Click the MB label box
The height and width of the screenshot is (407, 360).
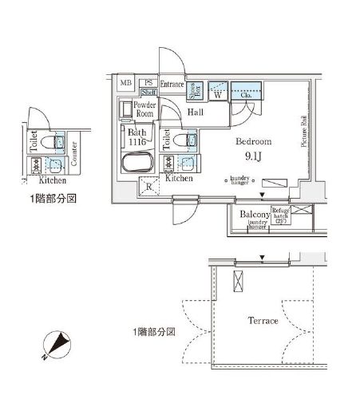click(126, 83)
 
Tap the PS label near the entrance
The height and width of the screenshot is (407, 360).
click(148, 83)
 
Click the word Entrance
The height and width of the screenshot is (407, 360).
click(172, 84)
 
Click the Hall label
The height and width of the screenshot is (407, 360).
click(196, 113)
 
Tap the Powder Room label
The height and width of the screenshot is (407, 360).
click(144, 109)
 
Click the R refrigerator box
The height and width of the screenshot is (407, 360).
click(148, 188)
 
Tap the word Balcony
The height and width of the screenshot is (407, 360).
click(254, 214)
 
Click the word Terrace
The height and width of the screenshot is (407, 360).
click(262, 321)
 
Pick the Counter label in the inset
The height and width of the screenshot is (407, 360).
click(73, 153)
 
